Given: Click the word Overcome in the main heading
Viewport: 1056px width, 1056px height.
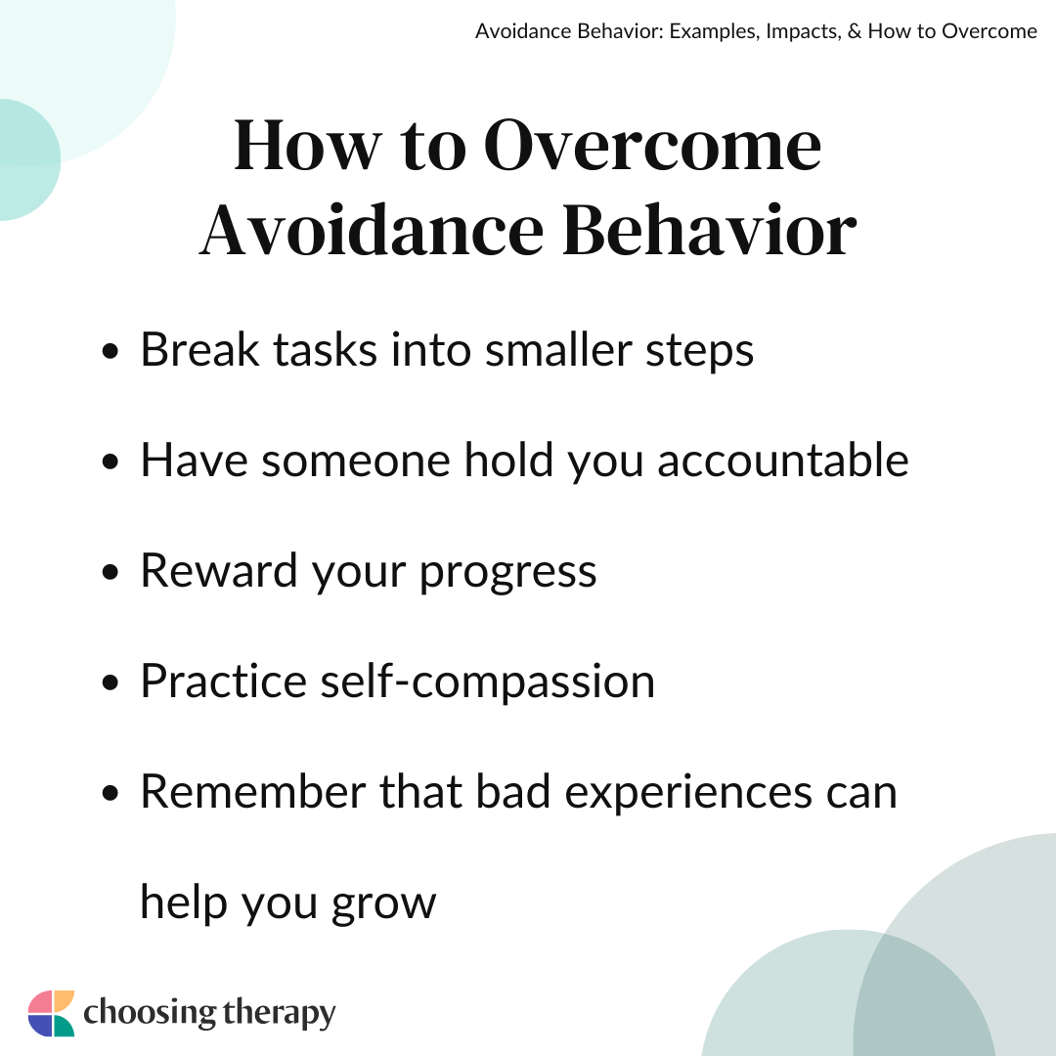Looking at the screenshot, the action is [x=652, y=145].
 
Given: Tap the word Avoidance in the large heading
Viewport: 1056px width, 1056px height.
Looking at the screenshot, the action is [x=372, y=231].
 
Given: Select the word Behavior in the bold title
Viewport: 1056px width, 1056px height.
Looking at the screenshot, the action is [x=709, y=231].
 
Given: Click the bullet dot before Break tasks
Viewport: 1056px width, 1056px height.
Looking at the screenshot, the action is [x=110, y=351].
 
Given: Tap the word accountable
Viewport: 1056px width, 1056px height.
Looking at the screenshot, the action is [x=782, y=461].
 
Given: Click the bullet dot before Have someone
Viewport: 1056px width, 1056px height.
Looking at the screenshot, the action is [x=110, y=462].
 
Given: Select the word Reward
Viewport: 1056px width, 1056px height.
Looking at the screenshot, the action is [x=219, y=571].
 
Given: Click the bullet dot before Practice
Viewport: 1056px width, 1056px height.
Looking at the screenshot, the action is [x=110, y=682].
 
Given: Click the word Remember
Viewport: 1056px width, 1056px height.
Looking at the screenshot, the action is [x=253, y=792].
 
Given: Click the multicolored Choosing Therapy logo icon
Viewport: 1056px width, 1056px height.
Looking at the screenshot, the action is [x=51, y=1013].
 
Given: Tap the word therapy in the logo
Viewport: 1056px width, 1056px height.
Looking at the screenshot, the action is [x=279, y=1014].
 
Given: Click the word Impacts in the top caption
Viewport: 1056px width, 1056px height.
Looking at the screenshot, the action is [x=804, y=32].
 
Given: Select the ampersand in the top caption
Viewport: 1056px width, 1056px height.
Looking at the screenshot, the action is [x=855, y=31].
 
